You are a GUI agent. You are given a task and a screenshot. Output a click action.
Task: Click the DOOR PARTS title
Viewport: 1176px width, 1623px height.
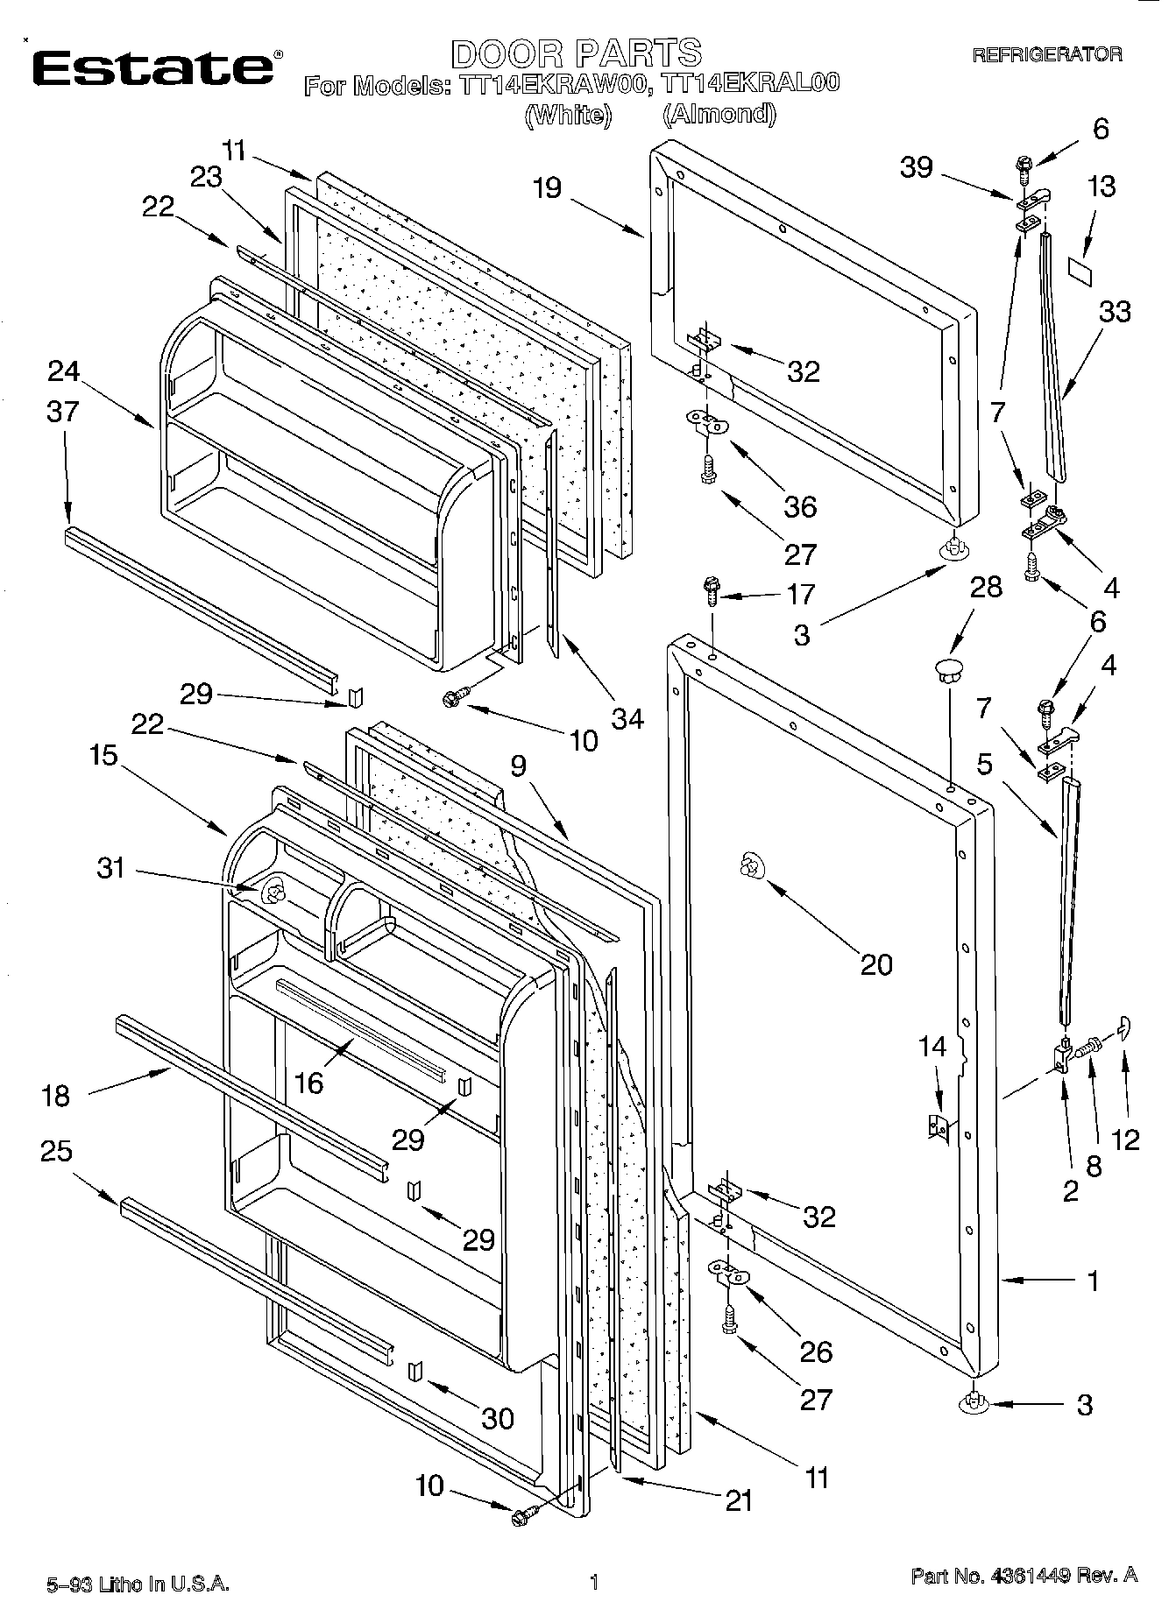coord(576,53)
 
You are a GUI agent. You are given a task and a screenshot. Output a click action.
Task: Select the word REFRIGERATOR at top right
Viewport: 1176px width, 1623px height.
coord(1047,55)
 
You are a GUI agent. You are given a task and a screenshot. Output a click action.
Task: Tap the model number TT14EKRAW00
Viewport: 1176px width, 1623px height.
coord(561,85)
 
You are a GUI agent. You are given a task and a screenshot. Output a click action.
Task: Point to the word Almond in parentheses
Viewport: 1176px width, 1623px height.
coord(719,115)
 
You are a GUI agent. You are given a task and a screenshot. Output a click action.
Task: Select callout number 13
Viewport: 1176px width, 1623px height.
coord(1102,187)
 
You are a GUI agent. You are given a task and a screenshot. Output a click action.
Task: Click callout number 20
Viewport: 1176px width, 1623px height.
coord(875,964)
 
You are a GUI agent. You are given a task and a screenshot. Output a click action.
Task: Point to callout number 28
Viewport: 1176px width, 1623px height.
coord(986,587)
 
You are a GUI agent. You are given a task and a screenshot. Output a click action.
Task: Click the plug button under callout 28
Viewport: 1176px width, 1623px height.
coord(947,673)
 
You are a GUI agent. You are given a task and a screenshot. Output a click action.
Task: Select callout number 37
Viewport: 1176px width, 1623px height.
coord(62,411)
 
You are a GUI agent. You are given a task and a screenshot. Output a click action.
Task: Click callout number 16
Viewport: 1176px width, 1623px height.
coord(308,1083)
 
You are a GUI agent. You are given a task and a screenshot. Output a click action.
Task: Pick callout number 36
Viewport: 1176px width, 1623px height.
coord(800,506)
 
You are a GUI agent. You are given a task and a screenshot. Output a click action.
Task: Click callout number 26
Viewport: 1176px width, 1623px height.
coord(815,1351)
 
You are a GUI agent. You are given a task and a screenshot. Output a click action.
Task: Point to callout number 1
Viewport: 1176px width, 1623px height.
coord(1092,1281)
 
